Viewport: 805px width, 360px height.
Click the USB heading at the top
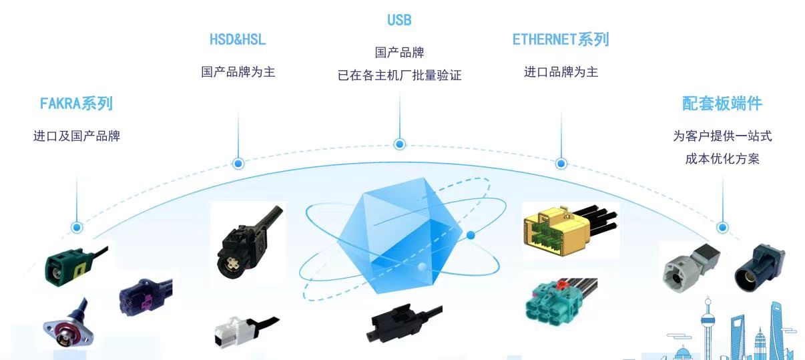click(x=399, y=20)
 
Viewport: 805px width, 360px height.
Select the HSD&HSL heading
click(x=238, y=39)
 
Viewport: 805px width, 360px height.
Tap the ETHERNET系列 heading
click(x=561, y=39)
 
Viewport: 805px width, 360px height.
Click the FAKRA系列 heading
click(x=76, y=104)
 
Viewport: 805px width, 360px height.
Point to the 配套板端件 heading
click(x=722, y=104)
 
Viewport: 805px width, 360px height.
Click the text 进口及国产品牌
click(x=77, y=136)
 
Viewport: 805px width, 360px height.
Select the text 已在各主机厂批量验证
click(x=400, y=75)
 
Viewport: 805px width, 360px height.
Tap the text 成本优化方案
click(x=722, y=158)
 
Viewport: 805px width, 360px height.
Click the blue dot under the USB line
click(x=400, y=144)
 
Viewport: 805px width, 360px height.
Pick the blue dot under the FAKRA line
click(x=77, y=227)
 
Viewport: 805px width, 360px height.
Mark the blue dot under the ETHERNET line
click(x=561, y=164)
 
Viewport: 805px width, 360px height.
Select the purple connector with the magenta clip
click(x=146, y=297)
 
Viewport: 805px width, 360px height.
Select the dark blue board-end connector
click(x=759, y=268)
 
